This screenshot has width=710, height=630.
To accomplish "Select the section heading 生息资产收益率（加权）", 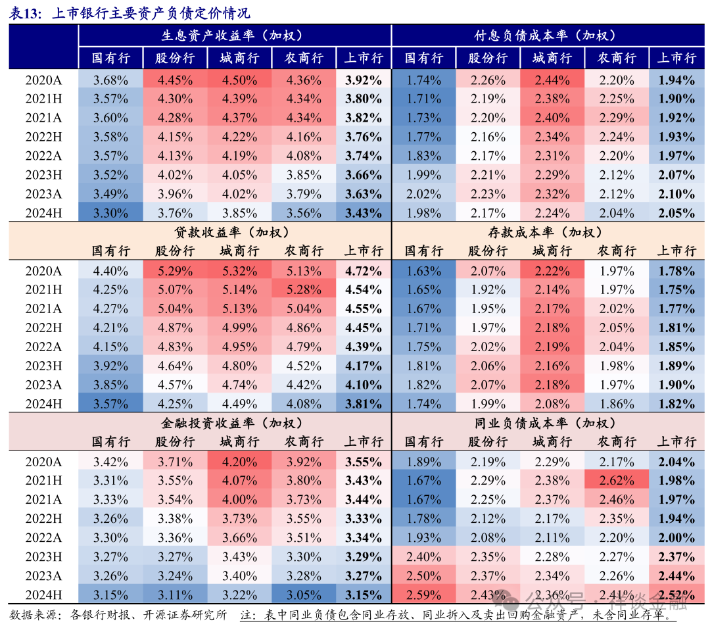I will (234, 36).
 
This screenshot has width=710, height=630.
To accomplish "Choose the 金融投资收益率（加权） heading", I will (234, 423).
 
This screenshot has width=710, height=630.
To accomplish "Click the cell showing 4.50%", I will (239, 81).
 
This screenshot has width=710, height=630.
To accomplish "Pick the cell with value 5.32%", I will (239, 271).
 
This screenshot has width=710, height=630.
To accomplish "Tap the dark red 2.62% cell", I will (616, 481).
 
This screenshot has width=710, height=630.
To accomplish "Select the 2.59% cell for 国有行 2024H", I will (423, 595).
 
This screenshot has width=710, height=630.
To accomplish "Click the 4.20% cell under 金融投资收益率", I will (239, 462).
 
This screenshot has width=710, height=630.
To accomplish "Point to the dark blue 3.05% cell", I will (303, 595).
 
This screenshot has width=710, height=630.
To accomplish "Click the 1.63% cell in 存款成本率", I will (423, 271).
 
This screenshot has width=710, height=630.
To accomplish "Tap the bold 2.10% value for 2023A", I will (676, 195).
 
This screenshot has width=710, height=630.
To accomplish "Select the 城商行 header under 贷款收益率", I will (239, 251).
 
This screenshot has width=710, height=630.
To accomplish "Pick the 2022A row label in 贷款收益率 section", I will (43, 347).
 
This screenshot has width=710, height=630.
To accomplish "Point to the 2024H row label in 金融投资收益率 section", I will (43, 595).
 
